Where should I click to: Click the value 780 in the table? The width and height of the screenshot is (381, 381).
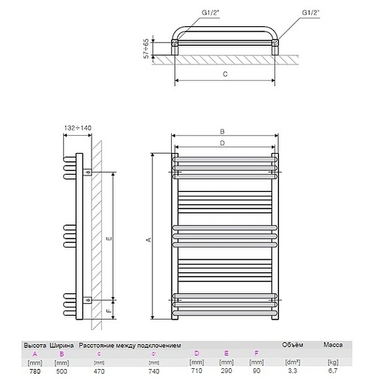34,370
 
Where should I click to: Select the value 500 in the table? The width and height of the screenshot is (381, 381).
61,370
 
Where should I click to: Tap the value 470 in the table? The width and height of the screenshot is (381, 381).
99,370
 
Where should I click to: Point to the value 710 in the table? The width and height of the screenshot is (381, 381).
197,370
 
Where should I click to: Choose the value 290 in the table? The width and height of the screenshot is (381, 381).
226,370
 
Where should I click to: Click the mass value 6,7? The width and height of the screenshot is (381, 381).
332,370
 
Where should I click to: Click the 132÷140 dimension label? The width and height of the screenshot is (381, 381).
78,128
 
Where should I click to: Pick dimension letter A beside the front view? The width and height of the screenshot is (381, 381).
148,239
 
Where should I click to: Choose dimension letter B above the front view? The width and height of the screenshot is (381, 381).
222,131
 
